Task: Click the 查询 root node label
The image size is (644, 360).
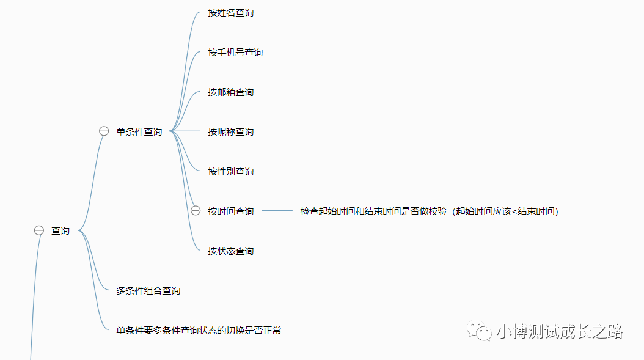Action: (60, 230)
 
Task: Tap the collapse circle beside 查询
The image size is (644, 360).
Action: (39, 230)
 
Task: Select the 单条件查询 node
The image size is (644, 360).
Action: (139, 131)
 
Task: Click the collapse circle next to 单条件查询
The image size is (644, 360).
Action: (104, 131)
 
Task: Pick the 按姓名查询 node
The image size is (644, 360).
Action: (230, 13)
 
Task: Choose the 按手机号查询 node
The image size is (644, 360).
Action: (235, 53)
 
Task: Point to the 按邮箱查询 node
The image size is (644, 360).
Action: (230, 92)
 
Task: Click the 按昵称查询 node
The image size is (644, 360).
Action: (230, 132)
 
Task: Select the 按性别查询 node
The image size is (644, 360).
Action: (230, 172)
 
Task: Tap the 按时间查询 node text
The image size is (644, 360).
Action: (230, 211)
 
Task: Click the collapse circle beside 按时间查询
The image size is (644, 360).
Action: (196, 211)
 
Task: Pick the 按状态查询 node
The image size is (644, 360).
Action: (230, 251)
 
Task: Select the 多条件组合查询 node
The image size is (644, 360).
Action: (148, 291)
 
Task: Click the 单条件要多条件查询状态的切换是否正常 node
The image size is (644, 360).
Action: (199, 331)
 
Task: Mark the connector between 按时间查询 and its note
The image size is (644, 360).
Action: (277, 211)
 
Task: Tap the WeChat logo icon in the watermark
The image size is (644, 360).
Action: (480, 331)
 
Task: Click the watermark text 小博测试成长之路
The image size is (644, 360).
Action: (559, 331)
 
